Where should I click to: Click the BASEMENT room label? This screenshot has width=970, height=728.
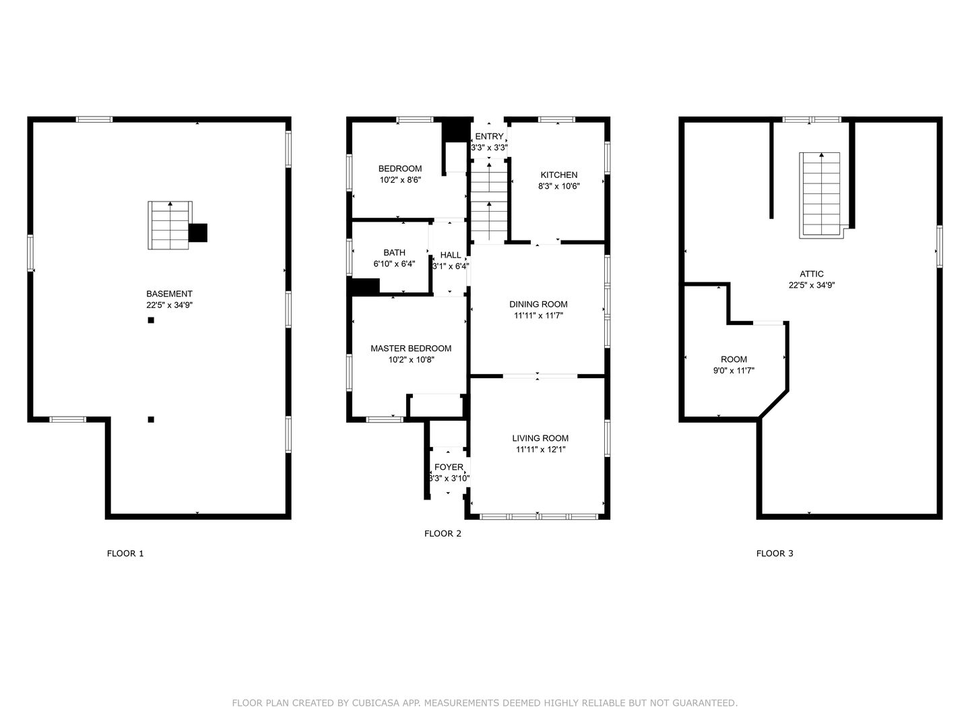pos(169,293)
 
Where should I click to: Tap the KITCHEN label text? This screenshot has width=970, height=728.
pos(558,175)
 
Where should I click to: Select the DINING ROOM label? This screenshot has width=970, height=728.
pos(538,304)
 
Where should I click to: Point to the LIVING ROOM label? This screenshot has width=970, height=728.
pos(540,438)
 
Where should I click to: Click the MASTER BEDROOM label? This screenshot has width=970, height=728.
pos(411,348)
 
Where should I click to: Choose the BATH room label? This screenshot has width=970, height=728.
pos(394,252)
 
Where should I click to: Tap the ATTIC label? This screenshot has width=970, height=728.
pos(811,274)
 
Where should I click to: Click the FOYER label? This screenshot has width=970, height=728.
pos(449,466)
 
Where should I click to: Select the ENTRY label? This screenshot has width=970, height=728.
pos(489,136)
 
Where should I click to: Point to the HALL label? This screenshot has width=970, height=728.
pos(451,255)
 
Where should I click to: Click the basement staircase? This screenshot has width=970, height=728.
pos(170,225)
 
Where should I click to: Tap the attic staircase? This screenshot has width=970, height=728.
pos(820,195)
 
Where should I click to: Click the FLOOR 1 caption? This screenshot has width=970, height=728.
pos(125,553)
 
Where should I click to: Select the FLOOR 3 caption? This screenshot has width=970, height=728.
pos(775,553)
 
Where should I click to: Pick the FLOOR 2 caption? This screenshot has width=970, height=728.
pos(443,533)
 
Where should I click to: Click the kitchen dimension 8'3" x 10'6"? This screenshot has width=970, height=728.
pos(558,186)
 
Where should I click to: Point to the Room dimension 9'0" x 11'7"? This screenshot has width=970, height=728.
pos(734,371)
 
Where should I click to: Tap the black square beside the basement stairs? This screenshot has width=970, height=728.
pos(198,233)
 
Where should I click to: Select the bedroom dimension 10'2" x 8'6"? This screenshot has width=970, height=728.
pos(400,180)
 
